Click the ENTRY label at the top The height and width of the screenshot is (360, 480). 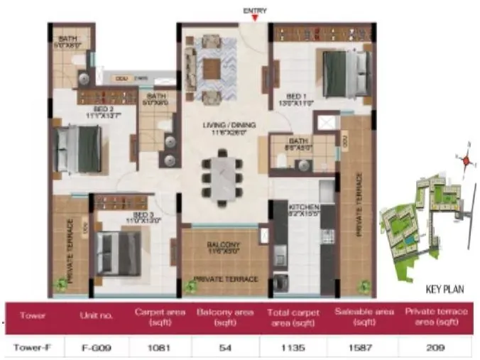(x=254, y=10)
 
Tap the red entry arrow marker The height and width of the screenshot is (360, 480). (x=254, y=19)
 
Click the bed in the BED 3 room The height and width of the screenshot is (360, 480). (x=119, y=252)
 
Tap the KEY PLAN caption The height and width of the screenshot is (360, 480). (x=444, y=290)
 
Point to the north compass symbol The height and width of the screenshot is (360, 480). (x=467, y=160)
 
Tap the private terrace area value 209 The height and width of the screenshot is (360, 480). (x=435, y=348)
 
